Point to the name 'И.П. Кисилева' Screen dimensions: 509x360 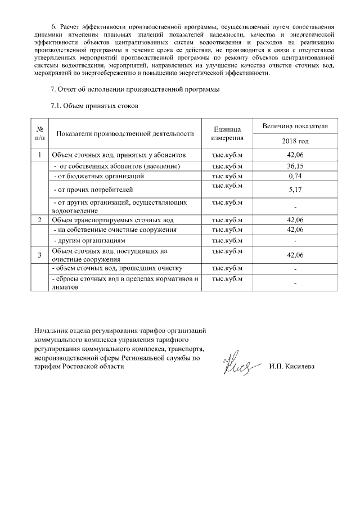click(292, 367)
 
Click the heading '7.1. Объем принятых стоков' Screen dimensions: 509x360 click(94, 105)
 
